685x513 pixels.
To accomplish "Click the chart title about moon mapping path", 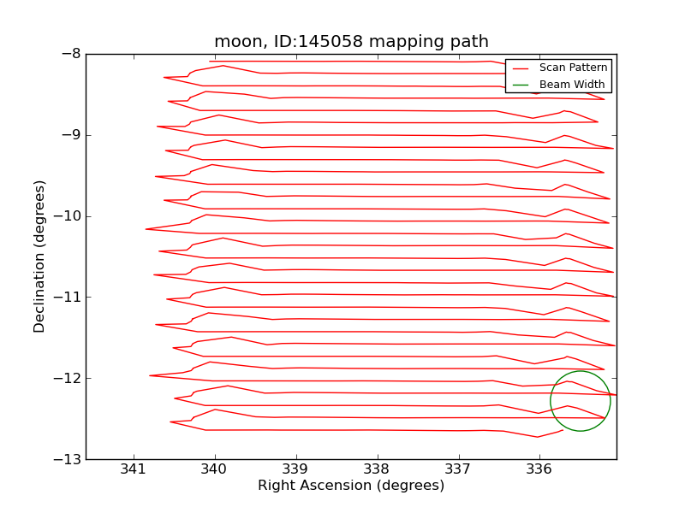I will (351, 42).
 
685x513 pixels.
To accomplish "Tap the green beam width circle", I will (581, 371).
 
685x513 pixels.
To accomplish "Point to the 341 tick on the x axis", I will (134, 469).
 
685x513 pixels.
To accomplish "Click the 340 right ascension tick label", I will (215, 469).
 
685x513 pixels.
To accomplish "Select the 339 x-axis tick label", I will (296, 469).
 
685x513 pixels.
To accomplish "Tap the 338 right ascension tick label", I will (378, 469).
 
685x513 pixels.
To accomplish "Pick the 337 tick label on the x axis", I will (459, 469).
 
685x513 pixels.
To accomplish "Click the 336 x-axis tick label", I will (539, 469).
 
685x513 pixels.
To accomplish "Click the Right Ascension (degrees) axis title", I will (351, 486).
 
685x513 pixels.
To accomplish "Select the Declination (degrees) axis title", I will (40, 256).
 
